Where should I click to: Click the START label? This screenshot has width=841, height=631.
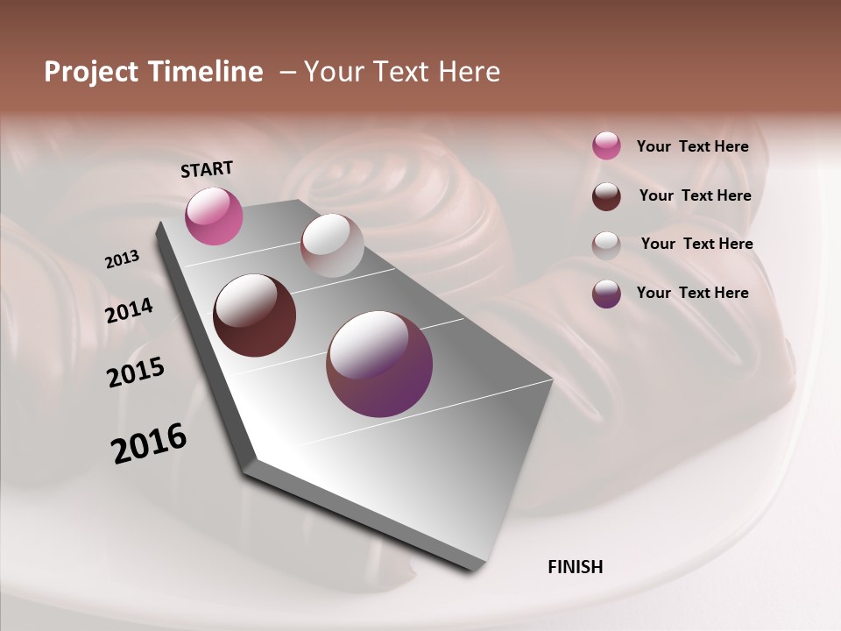[x=207, y=169]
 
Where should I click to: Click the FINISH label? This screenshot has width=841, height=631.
[x=575, y=567]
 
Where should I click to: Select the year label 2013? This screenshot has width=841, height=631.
[x=122, y=259]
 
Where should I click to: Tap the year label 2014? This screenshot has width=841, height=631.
[x=129, y=311]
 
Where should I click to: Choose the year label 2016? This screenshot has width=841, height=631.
[x=149, y=443]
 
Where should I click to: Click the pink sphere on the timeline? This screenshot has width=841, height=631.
[x=214, y=216]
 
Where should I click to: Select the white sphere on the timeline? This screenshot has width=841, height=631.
[x=332, y=245]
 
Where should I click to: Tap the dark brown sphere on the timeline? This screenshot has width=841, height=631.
[x=254, y=315]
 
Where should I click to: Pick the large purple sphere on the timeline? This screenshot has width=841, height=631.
[x=379, y=364]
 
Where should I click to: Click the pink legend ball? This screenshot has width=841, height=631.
[x=606, y=145]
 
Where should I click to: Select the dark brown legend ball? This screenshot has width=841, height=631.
[x=606, y=196]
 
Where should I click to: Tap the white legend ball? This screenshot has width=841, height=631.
[x=606, y=245]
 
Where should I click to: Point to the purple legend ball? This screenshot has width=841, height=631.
[x=606, y=294]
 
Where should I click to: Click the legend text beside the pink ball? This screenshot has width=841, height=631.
[x=692, y=146]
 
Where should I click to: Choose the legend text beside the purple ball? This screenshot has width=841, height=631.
[x=692, y=293]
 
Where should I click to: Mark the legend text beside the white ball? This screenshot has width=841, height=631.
[x=696, y=244]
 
